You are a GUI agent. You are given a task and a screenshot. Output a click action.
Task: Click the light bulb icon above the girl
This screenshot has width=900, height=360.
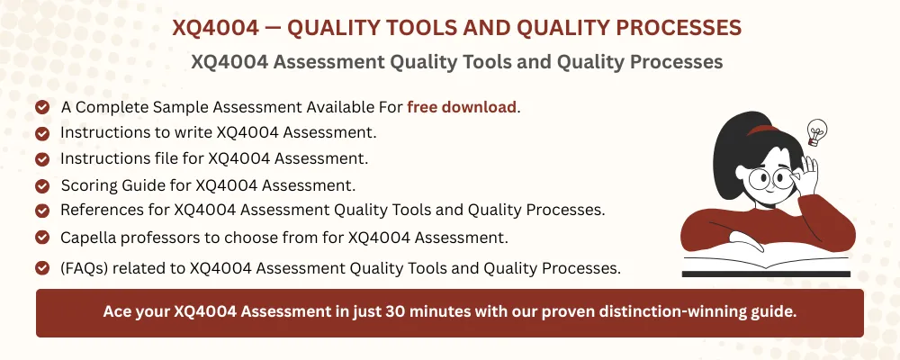click(x=816, y=131)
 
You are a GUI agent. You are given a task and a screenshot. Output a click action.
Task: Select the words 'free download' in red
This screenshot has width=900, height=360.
click(x=462, y=107)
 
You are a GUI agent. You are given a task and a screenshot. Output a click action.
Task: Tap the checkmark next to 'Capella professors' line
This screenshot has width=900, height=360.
click(x=42, y=238)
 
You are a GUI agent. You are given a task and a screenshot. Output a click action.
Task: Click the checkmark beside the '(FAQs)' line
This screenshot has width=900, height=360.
click(x=42, y=267)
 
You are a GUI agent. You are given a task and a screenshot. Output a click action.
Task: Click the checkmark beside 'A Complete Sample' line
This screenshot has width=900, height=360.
click(x=42, y=107)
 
